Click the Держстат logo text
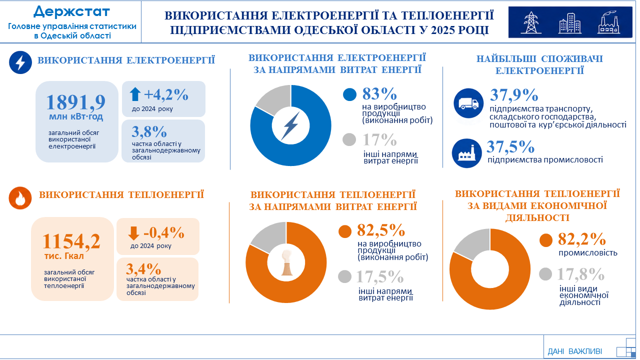pos(71,12)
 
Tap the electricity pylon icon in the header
pos(530,22)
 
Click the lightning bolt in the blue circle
pos(20,62)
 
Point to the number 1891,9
pos(75,102)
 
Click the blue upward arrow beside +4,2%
pos(135,94)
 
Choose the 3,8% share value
pos(149,131)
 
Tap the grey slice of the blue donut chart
pos(273,99)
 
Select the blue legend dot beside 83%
pos(349,94)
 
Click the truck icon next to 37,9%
pos(468,103)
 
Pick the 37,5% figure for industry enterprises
pos(510,146)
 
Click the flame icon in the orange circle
pos(20,198)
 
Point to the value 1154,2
pos(71,241)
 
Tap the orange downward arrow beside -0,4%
pos(133,233)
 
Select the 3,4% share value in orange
pos(143,268)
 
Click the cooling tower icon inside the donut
pos(286,262)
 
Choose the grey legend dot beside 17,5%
pos(344,276)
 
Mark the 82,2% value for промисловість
pos(581,239)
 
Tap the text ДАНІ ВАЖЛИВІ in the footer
pos(574,351)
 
